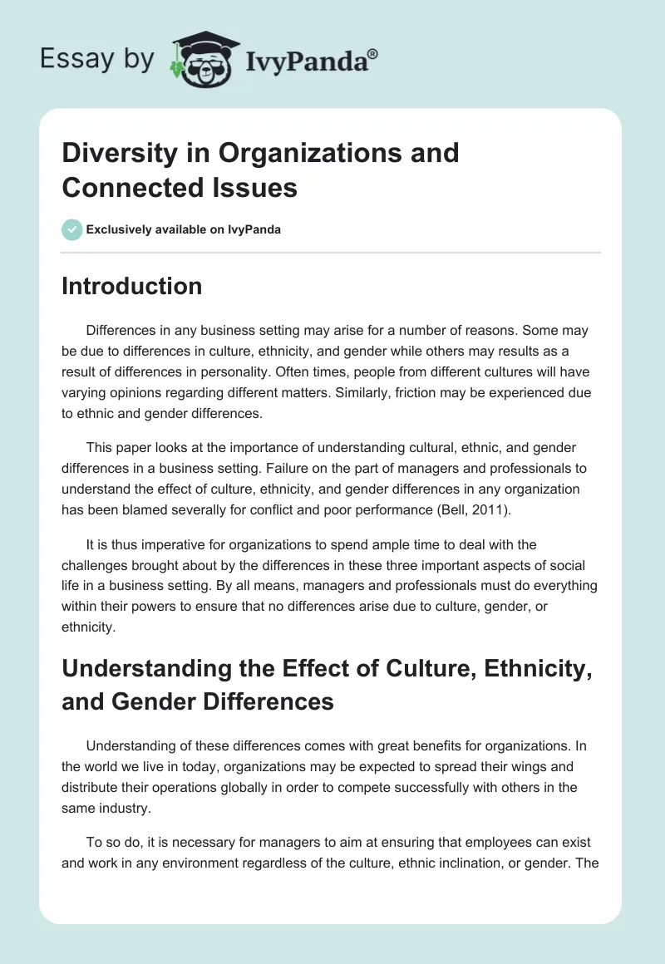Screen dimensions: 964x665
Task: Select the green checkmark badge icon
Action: click(71, 229)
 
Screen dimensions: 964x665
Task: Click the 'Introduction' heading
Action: click(131, 286)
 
